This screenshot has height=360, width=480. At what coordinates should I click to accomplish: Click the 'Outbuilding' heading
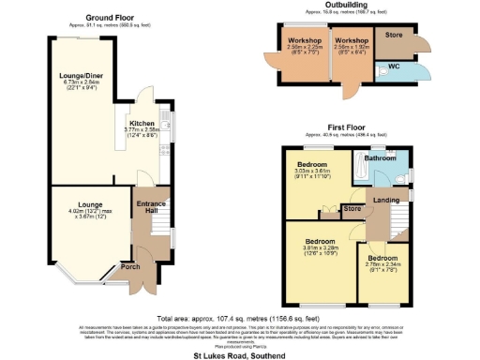345,5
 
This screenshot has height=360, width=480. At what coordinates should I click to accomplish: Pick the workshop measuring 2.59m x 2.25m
307,42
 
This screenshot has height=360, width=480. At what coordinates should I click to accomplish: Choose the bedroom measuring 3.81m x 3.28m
320,241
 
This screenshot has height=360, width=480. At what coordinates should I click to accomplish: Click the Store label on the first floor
352,208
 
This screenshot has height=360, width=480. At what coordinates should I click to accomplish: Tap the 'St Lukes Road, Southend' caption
239,354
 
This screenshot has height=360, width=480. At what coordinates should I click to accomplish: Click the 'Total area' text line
240,317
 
